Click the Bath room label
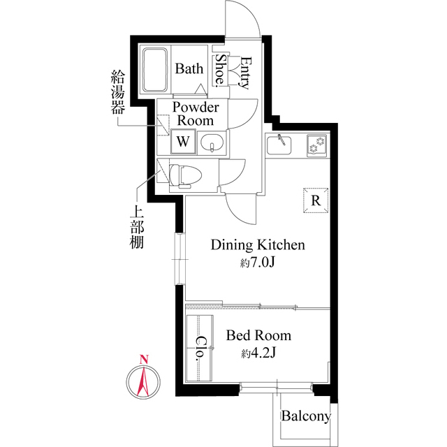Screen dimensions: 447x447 (x=189, y=68)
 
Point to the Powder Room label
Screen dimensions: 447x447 (x=196, y=114)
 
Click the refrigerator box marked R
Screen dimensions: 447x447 (x=316, y=200)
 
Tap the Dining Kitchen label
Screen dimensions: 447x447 (x=258, y=245)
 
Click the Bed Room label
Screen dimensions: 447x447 (x=258, y=336)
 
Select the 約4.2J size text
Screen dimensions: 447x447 (x=258, y=353)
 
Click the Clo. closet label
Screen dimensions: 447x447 (x=199, y=347)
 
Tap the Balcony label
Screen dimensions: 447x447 (x=306, y=417)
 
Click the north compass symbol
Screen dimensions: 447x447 (x=143, y=381)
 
